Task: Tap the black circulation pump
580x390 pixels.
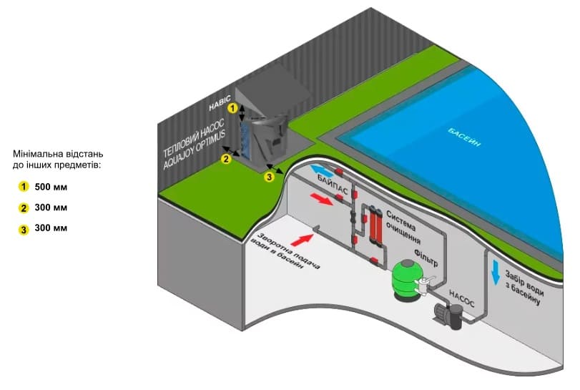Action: tap(449, 316)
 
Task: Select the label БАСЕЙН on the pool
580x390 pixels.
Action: tap(464, 137)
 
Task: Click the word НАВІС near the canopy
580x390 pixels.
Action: tap(220, 102)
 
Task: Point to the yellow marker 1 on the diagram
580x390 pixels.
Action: tap(232, 108)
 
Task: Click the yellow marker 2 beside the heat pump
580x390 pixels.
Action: tap(226, 159)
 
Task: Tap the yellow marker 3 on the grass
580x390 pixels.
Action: tap(270, 177)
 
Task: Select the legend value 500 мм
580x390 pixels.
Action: tap(51, 187)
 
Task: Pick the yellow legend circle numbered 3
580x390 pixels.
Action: tap(24, 230)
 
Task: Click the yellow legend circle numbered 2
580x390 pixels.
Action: tap(24, 208)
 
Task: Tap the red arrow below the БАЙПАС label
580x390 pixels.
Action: tap(321, 198)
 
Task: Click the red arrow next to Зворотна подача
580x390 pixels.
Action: tap(302, 240)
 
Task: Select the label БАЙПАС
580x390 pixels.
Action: tap(333, 184)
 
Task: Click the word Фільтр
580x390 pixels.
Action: tap(426, 258)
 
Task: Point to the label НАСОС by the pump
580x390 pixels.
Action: tap(461, 298)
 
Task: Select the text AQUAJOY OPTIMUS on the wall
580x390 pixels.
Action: tap(195, 150)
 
